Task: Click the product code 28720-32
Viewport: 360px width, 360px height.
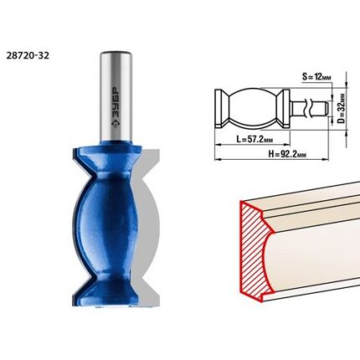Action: [x=28, y=55]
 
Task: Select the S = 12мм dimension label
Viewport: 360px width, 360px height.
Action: [x=316, y=77]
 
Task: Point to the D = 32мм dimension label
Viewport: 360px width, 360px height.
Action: [x=341, y=109]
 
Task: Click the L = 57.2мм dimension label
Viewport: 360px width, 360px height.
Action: [x=255, y=139]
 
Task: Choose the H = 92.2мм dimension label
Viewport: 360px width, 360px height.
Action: [x=287, y=154]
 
